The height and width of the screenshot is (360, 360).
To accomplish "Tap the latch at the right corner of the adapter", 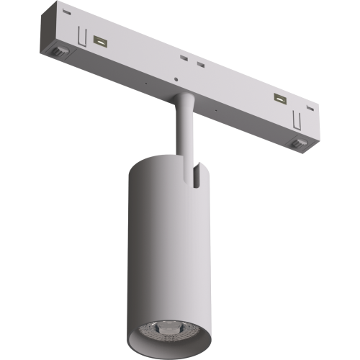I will (297, 141).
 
